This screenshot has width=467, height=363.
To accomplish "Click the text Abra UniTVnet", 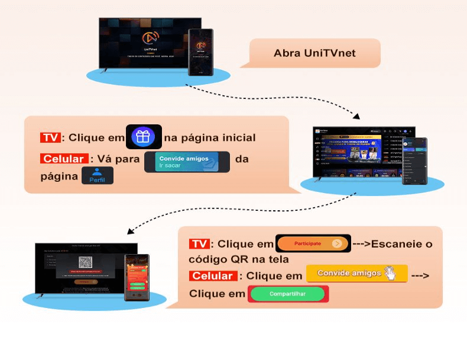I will coord(314,53).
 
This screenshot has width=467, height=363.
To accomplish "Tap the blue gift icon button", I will coord(143,137).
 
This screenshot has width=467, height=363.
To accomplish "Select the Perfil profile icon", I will coord(98,176).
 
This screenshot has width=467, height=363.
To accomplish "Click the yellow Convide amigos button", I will coord(356,273).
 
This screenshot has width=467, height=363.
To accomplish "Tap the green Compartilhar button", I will coord(288,294).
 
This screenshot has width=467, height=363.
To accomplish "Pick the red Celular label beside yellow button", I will coord(214,276).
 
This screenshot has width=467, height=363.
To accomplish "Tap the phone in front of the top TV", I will coord(200,52).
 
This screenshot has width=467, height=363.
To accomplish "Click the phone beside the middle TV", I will coord(414,160).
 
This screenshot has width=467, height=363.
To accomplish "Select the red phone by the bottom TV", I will coord(137,277).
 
